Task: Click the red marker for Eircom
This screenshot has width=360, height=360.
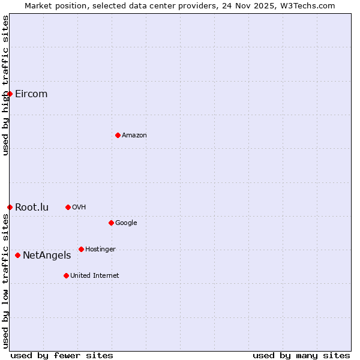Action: point(10,94)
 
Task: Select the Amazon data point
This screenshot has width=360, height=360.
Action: point(118,135)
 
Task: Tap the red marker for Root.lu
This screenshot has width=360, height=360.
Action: point(10,207)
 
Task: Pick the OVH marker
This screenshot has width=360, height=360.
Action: point(68,207)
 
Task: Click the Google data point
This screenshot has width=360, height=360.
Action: point(111,223)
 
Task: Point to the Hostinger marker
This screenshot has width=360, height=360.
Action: point(81,249)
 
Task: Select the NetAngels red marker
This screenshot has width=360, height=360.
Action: point(17,255)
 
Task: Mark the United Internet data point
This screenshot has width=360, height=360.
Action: point(66,275)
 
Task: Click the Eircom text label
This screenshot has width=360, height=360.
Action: point(31,94)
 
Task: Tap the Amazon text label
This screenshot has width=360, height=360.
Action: point(134,135)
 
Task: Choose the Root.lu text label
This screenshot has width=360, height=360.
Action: point(32,207)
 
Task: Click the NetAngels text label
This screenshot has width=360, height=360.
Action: point(47,255)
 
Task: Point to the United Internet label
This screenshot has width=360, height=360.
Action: point(95,275)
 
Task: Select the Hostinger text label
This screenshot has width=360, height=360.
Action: point(100,249)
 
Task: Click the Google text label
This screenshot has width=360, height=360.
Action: point(126,223)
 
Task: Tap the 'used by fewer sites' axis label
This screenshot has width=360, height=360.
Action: point(62,355)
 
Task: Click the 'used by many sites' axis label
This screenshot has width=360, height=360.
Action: point(301,355)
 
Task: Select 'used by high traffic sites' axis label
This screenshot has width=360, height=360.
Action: point(5,85)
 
